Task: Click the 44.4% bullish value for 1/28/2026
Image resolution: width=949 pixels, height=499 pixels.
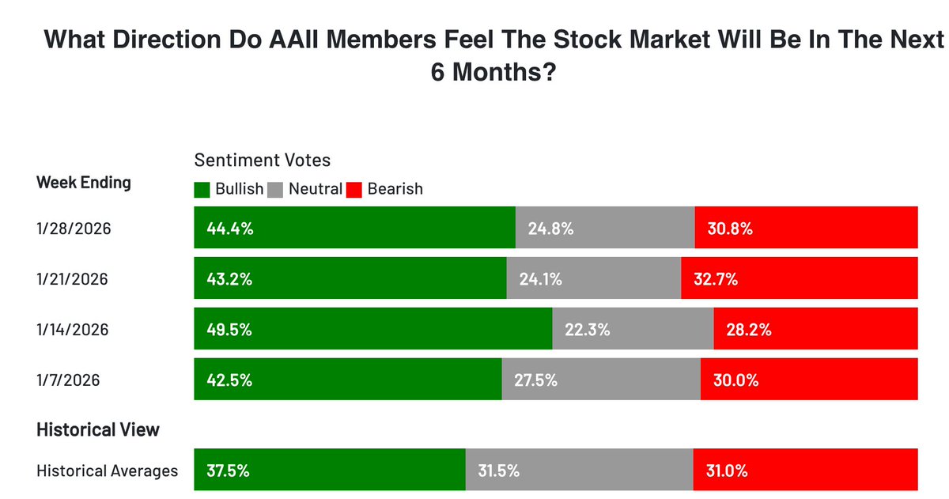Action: [230, 229]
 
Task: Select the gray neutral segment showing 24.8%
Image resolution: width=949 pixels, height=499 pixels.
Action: [605, 228]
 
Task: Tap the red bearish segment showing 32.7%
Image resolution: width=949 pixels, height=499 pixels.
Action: [799, 278]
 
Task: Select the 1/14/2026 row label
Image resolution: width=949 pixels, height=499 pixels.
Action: [73, 329]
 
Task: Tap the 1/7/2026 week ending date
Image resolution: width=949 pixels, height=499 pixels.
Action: [69, 380]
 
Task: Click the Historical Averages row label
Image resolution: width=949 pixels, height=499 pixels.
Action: [108, 471]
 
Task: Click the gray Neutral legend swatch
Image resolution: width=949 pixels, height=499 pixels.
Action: [276, 189]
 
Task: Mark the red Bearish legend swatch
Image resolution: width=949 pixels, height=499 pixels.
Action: [354, 189]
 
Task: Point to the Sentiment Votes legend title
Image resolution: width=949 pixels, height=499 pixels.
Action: [263, 160]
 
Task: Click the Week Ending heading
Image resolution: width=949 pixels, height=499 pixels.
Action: [84, 183]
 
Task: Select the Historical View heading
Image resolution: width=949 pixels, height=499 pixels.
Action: [98, 429]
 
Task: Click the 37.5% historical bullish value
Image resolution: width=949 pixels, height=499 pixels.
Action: [228, 471]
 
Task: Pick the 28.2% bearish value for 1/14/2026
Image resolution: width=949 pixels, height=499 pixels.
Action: [749, 329]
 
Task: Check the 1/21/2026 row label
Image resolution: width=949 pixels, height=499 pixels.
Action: [73, 278]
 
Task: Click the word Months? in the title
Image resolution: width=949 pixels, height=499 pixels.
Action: [506, 73]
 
